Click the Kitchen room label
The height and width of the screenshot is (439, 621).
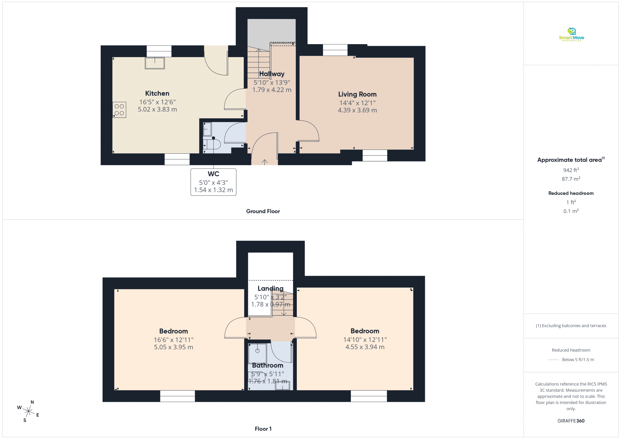(157, 94)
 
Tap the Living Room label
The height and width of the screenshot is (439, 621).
(357, 94)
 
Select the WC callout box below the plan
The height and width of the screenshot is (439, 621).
(213, 182)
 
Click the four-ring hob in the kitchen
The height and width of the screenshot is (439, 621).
(119, 110)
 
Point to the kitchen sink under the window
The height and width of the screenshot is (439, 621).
(155, 63)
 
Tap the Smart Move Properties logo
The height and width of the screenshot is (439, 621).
(571, 35)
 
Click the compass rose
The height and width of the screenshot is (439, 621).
(28, 411)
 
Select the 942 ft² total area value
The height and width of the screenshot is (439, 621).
(571, 170)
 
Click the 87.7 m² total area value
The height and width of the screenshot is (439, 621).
(571, 179)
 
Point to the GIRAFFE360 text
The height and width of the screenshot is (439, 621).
(571, 421)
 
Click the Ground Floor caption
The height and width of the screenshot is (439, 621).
(263, 211)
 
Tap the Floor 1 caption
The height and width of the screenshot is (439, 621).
(263, 429)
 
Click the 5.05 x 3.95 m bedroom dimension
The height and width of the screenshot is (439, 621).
(174, 347)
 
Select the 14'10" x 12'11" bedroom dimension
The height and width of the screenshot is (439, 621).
(365, 340)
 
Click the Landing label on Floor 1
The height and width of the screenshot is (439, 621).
(270, 288)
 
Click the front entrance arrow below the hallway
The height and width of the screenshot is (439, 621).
(264, 162)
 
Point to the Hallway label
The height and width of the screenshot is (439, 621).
(272, 74)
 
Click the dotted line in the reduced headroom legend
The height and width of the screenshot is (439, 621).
(553, 360)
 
